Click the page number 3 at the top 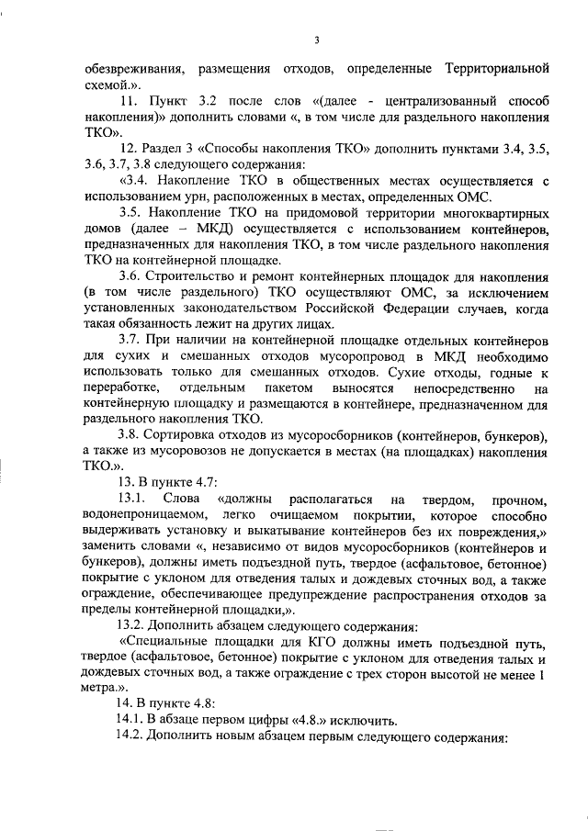click(316, 39)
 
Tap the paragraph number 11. click(129, 99)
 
